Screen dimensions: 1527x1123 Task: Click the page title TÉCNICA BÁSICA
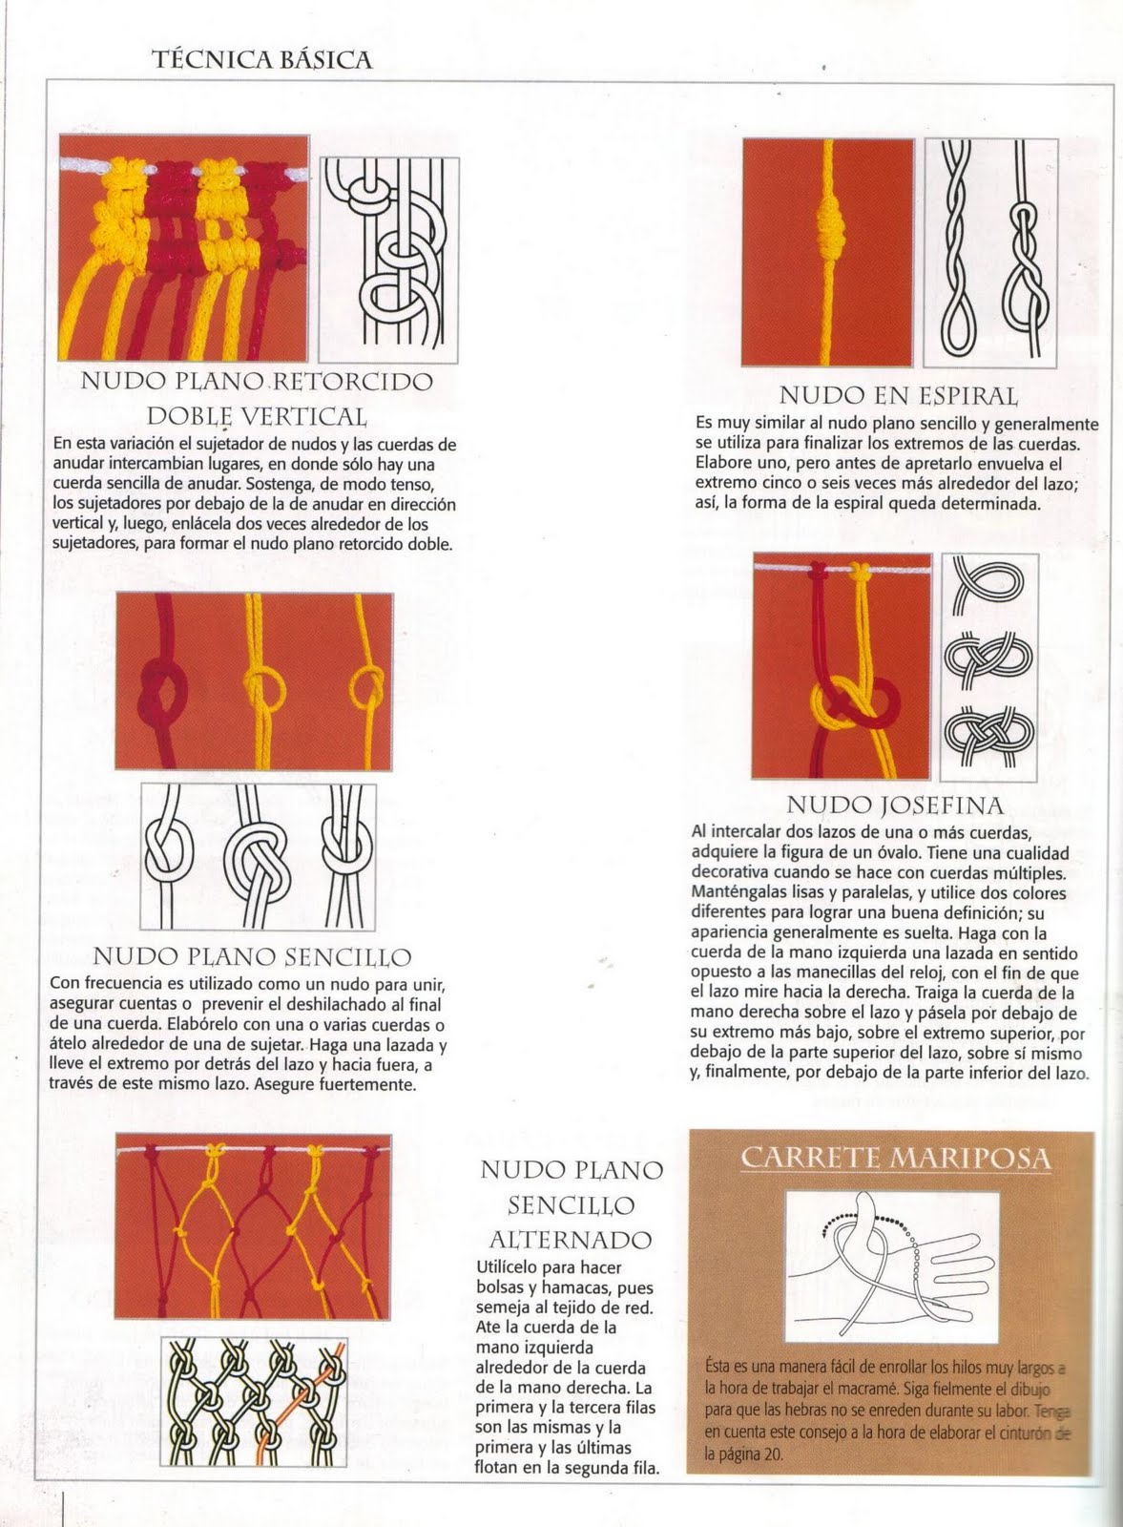(x=262, y=60)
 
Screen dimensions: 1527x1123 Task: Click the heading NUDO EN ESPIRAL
(x=898, y=395)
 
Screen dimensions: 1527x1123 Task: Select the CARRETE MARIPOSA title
(x=896, y=1159)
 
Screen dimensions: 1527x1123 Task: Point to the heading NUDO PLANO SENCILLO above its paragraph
(x=253, y=956)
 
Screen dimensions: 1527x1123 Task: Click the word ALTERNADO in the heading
(x=570, y=1240)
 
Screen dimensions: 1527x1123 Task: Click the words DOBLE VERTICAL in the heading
(x=256, y=417)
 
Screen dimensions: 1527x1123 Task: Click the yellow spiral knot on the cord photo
(x=826, y=226)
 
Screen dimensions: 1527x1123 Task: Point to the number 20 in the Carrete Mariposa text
(x=772, y=1454)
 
